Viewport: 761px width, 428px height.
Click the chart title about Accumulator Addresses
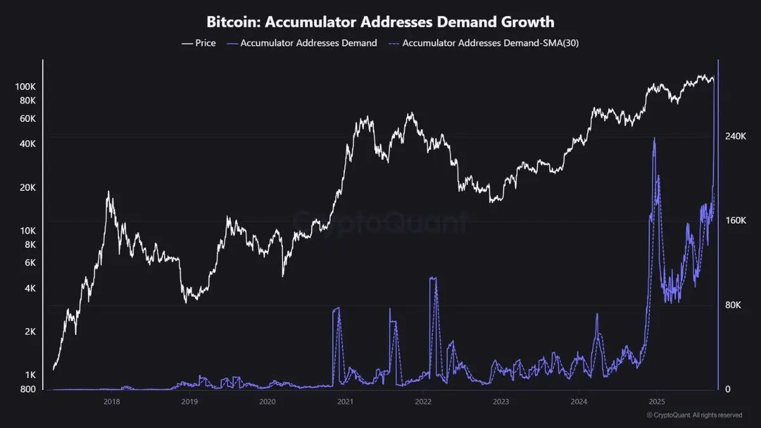click(x=380, y=22)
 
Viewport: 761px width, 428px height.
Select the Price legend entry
click(x=198, y=43)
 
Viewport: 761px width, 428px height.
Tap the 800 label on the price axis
click(x=29, y=389)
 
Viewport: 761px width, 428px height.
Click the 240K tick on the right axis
click(x=738, y=136)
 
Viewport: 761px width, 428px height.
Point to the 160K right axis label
click(x=738, y=221)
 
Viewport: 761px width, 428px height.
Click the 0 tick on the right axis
click(x=729, y=389)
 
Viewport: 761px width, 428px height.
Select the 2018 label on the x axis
click(x=112, y=401)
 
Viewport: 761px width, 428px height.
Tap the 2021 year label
click(x=345, y=401)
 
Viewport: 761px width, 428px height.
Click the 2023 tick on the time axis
click(x=500, y=401)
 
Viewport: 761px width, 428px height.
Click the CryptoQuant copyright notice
click(x=694, y=415)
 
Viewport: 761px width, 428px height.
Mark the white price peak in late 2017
click(x=108, y=191)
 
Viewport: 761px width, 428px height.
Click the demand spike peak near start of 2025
click(x=654, y=139)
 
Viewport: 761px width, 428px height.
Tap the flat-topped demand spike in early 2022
click(x=433, y=278)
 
